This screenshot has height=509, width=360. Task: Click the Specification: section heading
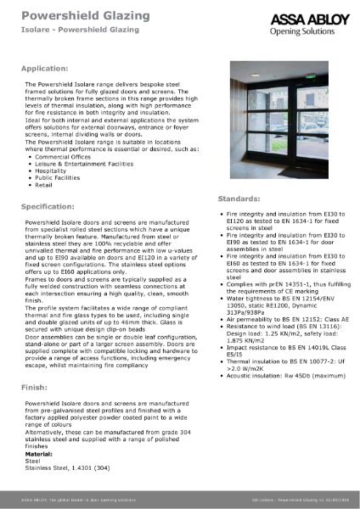click(53, 206)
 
